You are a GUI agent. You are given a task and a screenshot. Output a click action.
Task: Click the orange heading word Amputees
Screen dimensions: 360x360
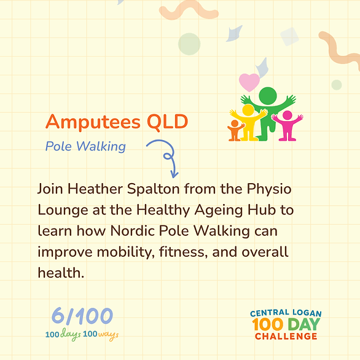tap(93, 122)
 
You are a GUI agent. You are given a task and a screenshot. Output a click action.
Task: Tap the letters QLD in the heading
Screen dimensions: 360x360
tap(168, 122)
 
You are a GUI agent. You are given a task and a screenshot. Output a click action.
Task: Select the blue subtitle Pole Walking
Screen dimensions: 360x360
tap(85, 146)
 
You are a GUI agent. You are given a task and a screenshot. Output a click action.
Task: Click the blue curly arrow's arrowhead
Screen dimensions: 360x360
tap(174, 174)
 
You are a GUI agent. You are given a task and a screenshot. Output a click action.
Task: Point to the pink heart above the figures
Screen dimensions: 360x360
tap(249, 82)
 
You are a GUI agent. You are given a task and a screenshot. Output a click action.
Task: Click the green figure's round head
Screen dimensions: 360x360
tap(268, 96)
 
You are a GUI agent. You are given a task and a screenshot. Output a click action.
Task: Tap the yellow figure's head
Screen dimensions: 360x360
tap(248, 110)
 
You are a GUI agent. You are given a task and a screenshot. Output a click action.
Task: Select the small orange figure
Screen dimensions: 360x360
tap(235, 130)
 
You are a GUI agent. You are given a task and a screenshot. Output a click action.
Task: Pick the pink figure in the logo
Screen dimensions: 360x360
tap(288, 125)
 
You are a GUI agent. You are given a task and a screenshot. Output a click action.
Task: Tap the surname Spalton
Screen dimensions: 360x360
tap(154, 190)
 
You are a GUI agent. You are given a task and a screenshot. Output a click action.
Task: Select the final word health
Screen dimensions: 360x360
tap(61, 273)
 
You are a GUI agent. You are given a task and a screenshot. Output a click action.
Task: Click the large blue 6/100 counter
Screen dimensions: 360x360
tap(82, 316)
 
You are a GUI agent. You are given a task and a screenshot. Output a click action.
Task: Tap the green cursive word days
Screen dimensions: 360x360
tap(71, 335)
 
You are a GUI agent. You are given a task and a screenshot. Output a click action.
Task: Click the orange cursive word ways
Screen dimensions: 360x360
tap(108, 335)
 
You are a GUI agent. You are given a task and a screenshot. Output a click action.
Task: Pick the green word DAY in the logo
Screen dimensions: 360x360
tap(303, 324)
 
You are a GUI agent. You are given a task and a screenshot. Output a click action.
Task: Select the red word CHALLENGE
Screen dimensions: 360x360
tap(286, 337)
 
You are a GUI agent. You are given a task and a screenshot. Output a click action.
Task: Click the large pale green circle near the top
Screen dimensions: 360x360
tap(189, 44)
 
